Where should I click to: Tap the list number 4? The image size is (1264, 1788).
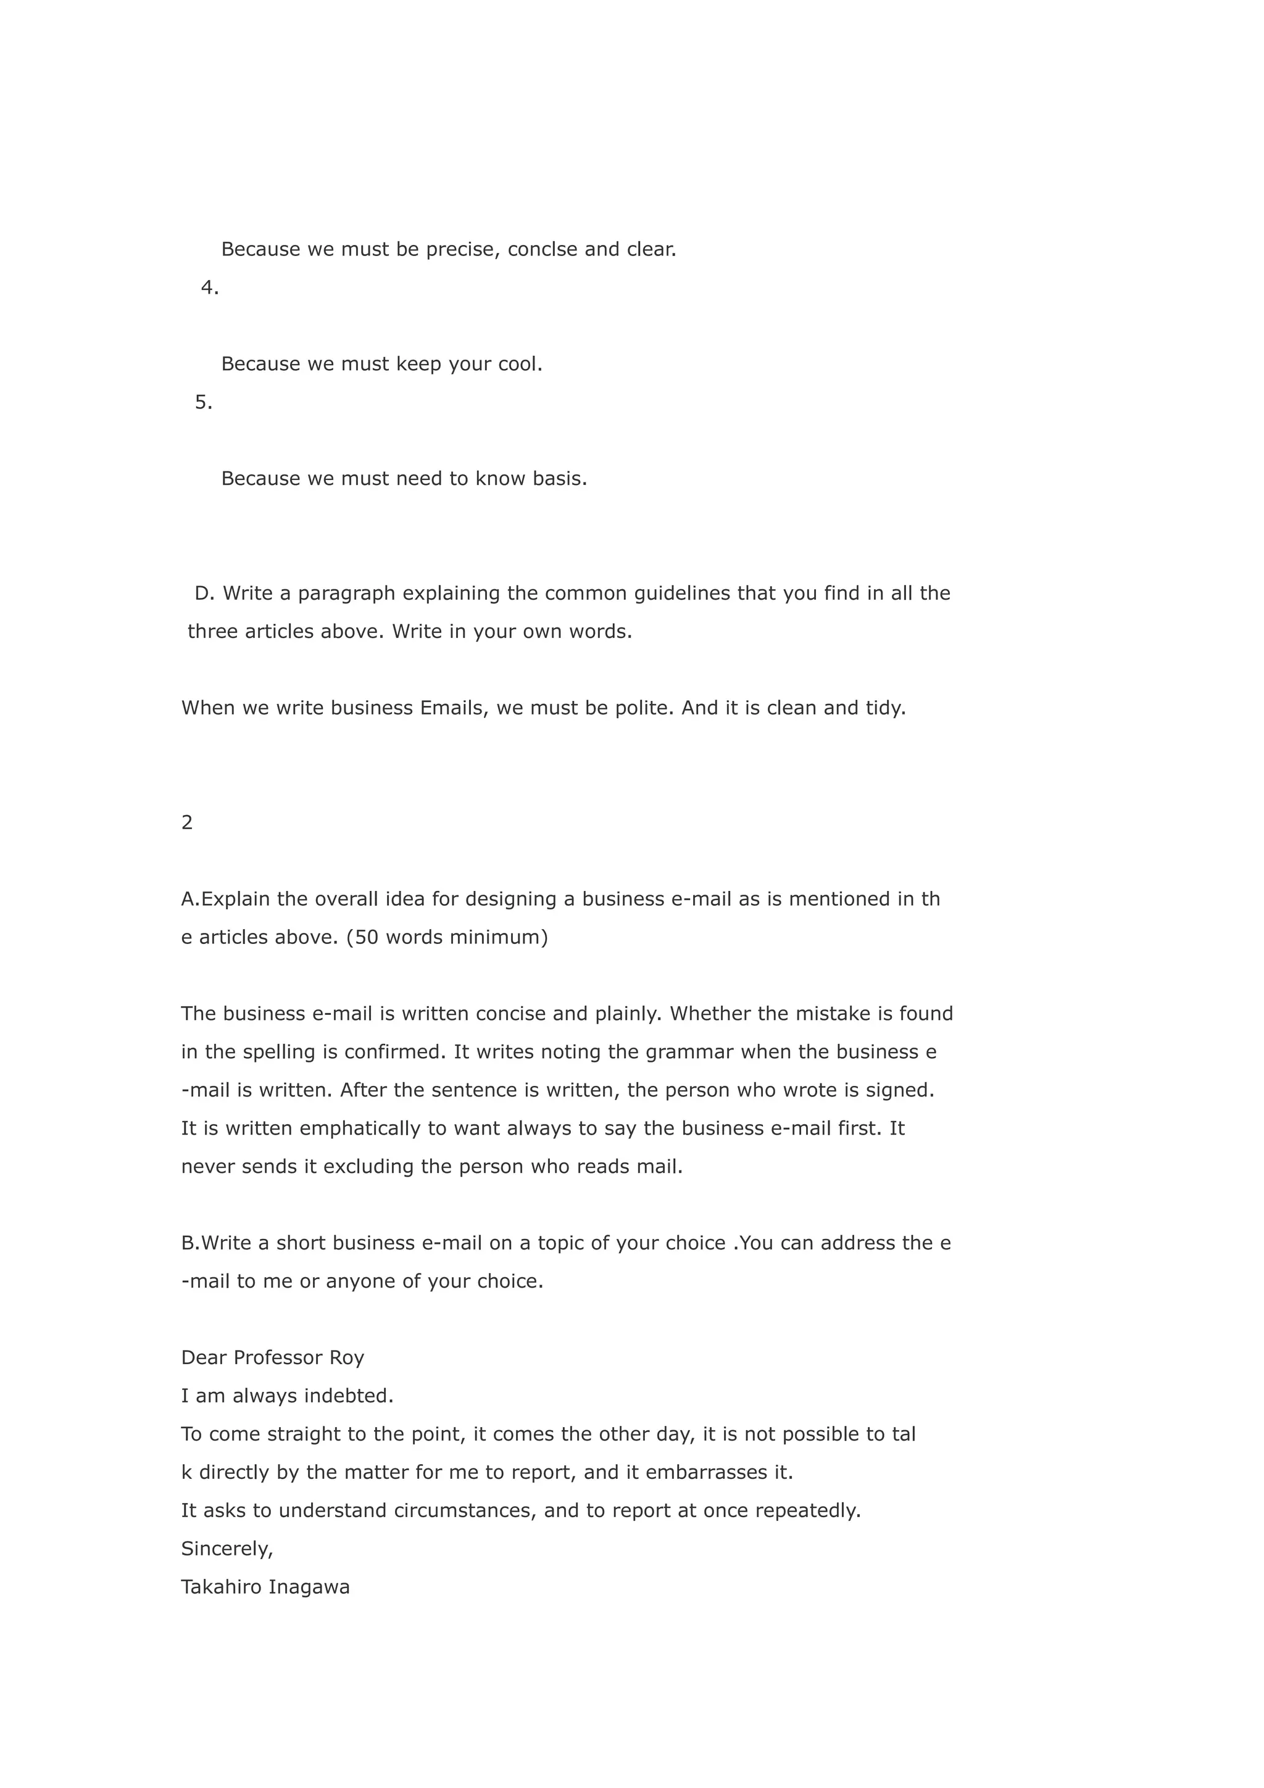tap(209, 288)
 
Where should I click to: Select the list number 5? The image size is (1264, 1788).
tap(203, 403)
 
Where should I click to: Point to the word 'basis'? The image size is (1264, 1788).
tap(559, 478)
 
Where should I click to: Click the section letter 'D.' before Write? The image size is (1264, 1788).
tap(204, 594)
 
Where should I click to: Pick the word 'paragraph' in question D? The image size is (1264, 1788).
tap(347, 594)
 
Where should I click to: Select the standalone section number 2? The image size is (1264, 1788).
tap(187, 823)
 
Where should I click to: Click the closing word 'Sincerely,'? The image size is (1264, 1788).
tap(227, 1549)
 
